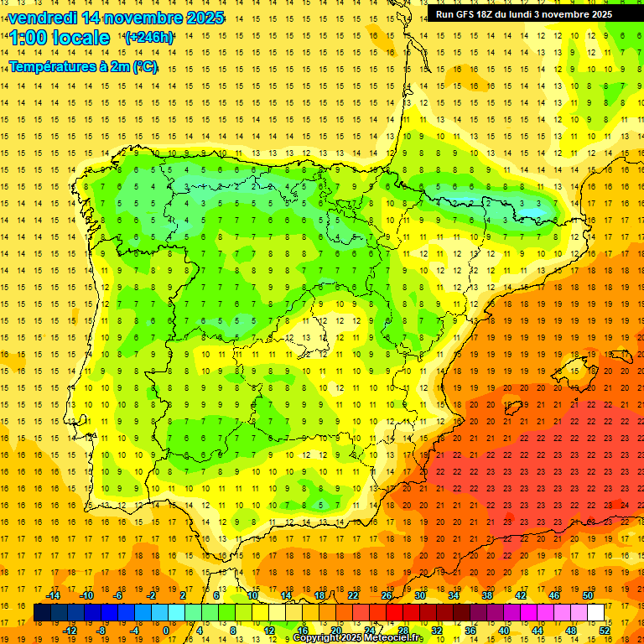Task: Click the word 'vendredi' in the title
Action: [x=42, y=18]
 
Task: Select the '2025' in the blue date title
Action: [x=204, y=18]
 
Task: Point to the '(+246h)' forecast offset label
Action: [x=149, y=38]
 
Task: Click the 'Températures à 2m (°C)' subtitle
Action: [x=83, y=66]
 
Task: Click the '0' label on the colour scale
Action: [x=165, y=631]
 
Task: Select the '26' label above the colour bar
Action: [x=387, y=595]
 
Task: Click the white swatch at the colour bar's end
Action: [x=595, y=613]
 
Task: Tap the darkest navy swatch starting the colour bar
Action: [x=43, y=613]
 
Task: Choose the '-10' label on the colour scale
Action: [x=86, y=595]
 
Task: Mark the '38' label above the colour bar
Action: [x=487, y=595]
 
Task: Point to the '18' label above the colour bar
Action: [x=319, y=595]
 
